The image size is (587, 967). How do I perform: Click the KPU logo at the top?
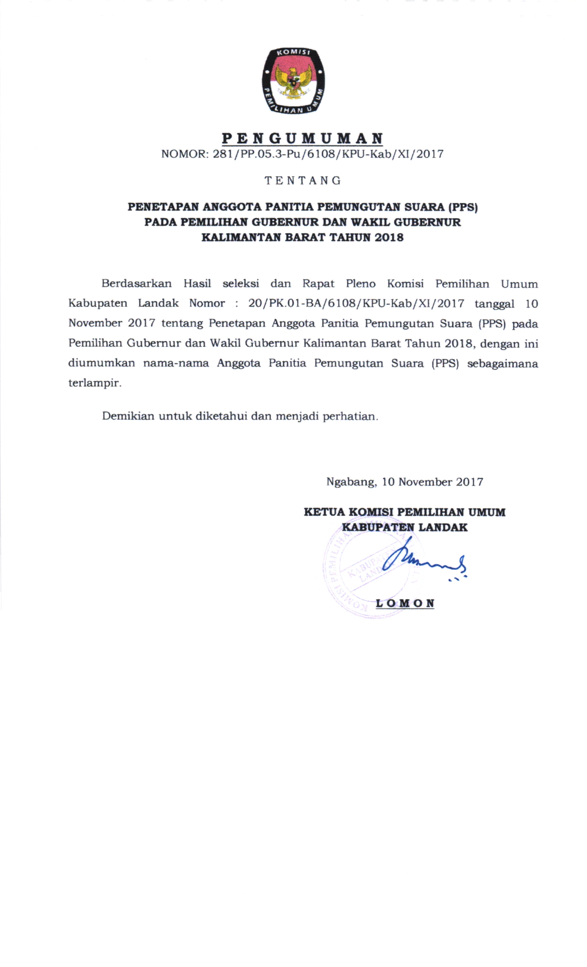(293, 81)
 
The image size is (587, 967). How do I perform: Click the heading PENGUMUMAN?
(302, 138)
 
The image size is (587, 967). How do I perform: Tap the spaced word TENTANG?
(302, 181)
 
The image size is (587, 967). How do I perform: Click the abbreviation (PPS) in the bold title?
(463, 207)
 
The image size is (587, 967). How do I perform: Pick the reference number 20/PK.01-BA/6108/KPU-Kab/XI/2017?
(356, 303)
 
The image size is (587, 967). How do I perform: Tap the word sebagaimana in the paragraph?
(502, 363)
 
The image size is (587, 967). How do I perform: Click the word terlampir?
(95, 383)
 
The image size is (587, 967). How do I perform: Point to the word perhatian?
(350, 417)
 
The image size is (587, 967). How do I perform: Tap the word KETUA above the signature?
(324, 512)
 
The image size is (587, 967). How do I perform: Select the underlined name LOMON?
(405, 603)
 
